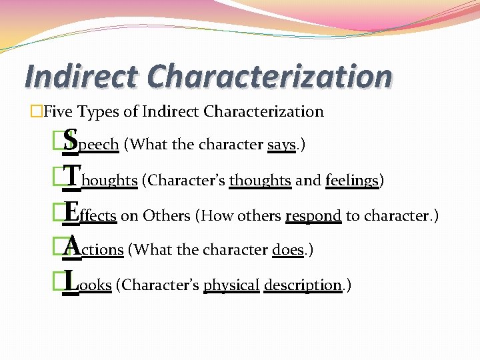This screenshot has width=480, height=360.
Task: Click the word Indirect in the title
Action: click(81, 76)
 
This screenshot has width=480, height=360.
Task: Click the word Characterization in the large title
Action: click(269, 76)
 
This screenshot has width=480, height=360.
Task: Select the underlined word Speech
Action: click(91, 143)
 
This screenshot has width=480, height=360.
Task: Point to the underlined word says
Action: click(281, 144)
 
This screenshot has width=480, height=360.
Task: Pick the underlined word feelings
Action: click(352, 180)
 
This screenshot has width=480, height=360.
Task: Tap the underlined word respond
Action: click(313, 215)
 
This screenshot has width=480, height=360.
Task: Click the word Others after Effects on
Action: click(167, 215)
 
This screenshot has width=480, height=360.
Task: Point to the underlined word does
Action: click(288, 249)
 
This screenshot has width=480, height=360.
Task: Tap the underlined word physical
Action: click(231, 285)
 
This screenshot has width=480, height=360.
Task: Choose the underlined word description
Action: click(303, 285)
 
